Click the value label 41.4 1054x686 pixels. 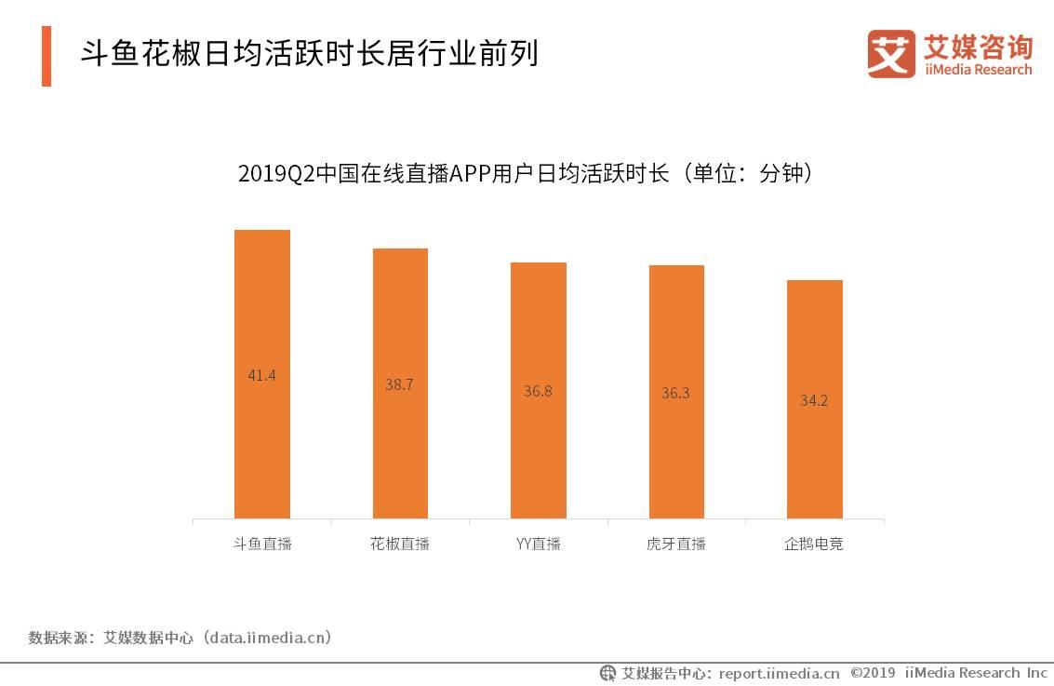tap(261, 376)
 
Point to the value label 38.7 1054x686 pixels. tap(399, 384)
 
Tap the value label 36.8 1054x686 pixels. tap(538, 391)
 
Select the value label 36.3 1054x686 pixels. tap(675, 393)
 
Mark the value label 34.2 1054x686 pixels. tap(814, 401)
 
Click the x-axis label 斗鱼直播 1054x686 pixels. tap(262, 544)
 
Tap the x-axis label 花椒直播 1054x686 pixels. tap(400, 544)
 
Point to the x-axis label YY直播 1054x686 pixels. tap(538, 544)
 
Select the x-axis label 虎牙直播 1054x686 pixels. tap(676, 544)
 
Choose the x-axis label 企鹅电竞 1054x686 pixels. tap(814, 544)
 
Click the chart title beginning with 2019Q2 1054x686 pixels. tap(527, 174)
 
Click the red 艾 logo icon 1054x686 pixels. tap(891, 53)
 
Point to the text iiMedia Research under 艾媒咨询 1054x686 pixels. tap(978, 70)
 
